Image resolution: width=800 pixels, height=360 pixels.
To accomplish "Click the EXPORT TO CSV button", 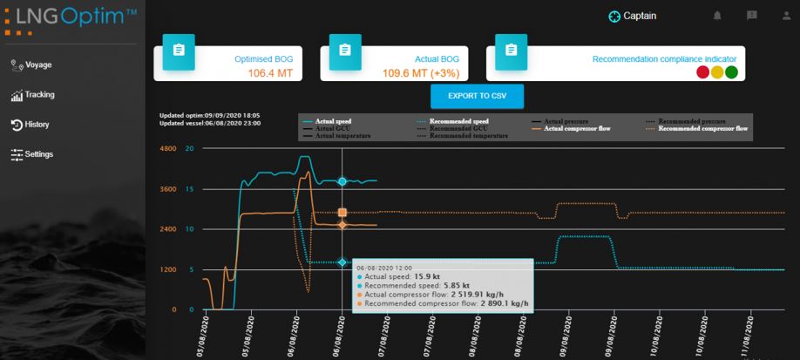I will [477, 96].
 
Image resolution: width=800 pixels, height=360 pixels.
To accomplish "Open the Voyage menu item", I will [38, 65].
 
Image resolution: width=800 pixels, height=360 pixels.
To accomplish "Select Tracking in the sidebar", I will [39, 94].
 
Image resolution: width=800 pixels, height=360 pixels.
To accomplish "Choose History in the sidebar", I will [37, 124].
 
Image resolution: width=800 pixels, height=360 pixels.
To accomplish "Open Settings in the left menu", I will [38, 154].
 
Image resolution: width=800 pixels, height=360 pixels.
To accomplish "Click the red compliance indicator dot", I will [702, 72].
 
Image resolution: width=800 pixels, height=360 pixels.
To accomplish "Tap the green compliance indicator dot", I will [731, 72].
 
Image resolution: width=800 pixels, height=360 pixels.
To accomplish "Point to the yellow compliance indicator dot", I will [716, 72].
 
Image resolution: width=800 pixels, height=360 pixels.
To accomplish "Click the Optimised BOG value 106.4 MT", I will [272, 73].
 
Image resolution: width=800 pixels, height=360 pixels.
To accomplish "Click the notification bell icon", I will [717, 16].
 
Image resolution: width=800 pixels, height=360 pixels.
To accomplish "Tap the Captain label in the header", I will [640, 16].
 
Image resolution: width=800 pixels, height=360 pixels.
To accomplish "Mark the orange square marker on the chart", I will [342, 213].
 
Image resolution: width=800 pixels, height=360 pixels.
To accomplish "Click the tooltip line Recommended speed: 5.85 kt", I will [417, 285].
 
